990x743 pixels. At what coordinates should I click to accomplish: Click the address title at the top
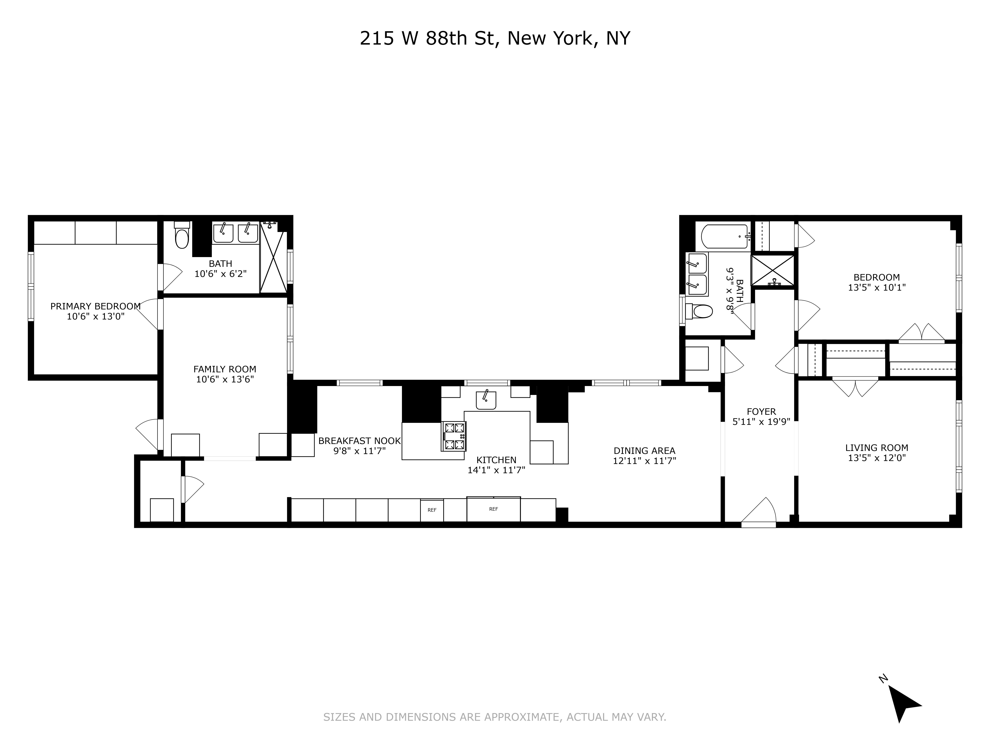tap(495, 38)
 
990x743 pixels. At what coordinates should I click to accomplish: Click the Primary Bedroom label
tap(95, 306)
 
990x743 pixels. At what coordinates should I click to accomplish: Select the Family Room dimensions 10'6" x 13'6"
tap(225, 379)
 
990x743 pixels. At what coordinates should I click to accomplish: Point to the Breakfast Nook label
tap(359, 441)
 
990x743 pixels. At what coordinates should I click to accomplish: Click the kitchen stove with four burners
tap(454, 436)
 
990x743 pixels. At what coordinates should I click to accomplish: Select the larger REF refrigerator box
tap(493, 509)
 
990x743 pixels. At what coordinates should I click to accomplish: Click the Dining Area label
tap(644, 451)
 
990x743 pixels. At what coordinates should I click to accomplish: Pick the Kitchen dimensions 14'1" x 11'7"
tap(496, 470)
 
